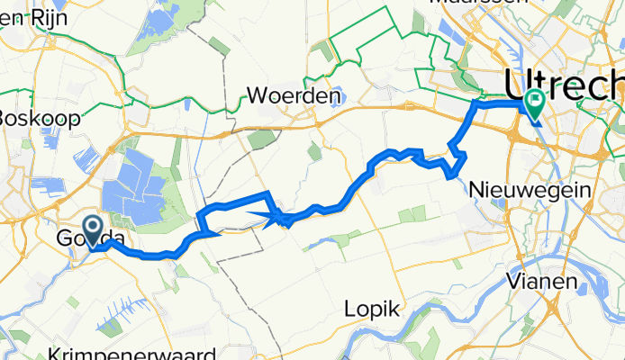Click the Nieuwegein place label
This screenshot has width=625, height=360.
click(x=530, y=191)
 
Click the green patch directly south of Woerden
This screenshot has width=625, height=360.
click(x=261, y=138)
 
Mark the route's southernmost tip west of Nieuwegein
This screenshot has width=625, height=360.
click(x=450, y=175)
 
